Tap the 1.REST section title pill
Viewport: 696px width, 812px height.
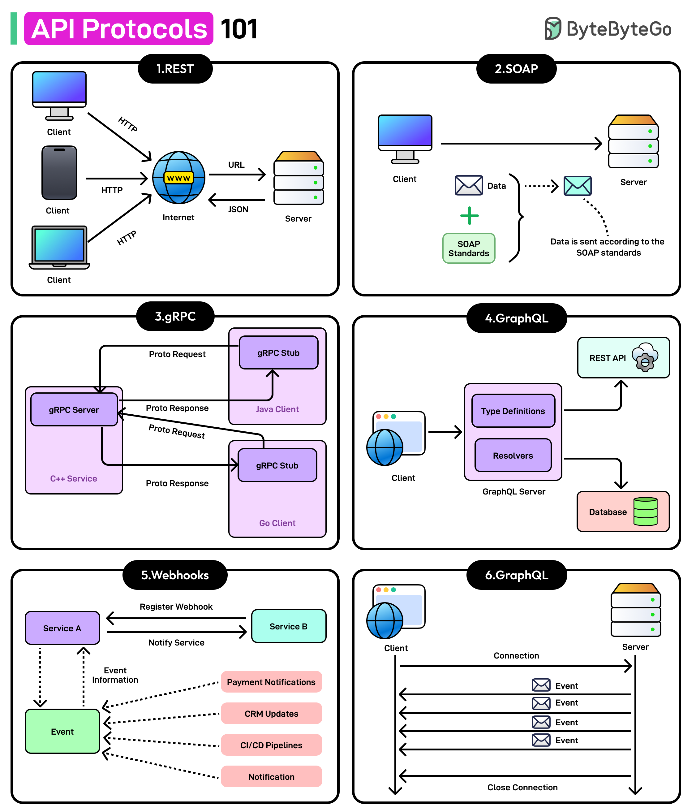(x=175, y=69)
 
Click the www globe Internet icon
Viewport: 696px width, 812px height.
(x=178, y=178)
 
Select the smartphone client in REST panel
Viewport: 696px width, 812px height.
(x=59, y=173)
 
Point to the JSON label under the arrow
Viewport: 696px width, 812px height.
(x=238, y=209)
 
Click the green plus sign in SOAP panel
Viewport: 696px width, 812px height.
(x=469, y=216)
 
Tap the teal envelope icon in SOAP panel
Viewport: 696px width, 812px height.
(x=577, y=186)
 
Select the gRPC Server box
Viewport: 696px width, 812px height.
(x=74, y=409)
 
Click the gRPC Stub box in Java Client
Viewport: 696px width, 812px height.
(x=278, y=353)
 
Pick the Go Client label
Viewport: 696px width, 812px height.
(x=277, y=523)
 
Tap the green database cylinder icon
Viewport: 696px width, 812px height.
(x=645, y=512)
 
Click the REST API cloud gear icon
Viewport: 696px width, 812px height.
(x=645, y=357)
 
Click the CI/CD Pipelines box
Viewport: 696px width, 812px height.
(x=271, y=745)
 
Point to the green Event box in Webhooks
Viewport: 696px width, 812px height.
(x=62, y=731)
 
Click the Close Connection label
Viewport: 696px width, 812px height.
(x=522, y=787)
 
